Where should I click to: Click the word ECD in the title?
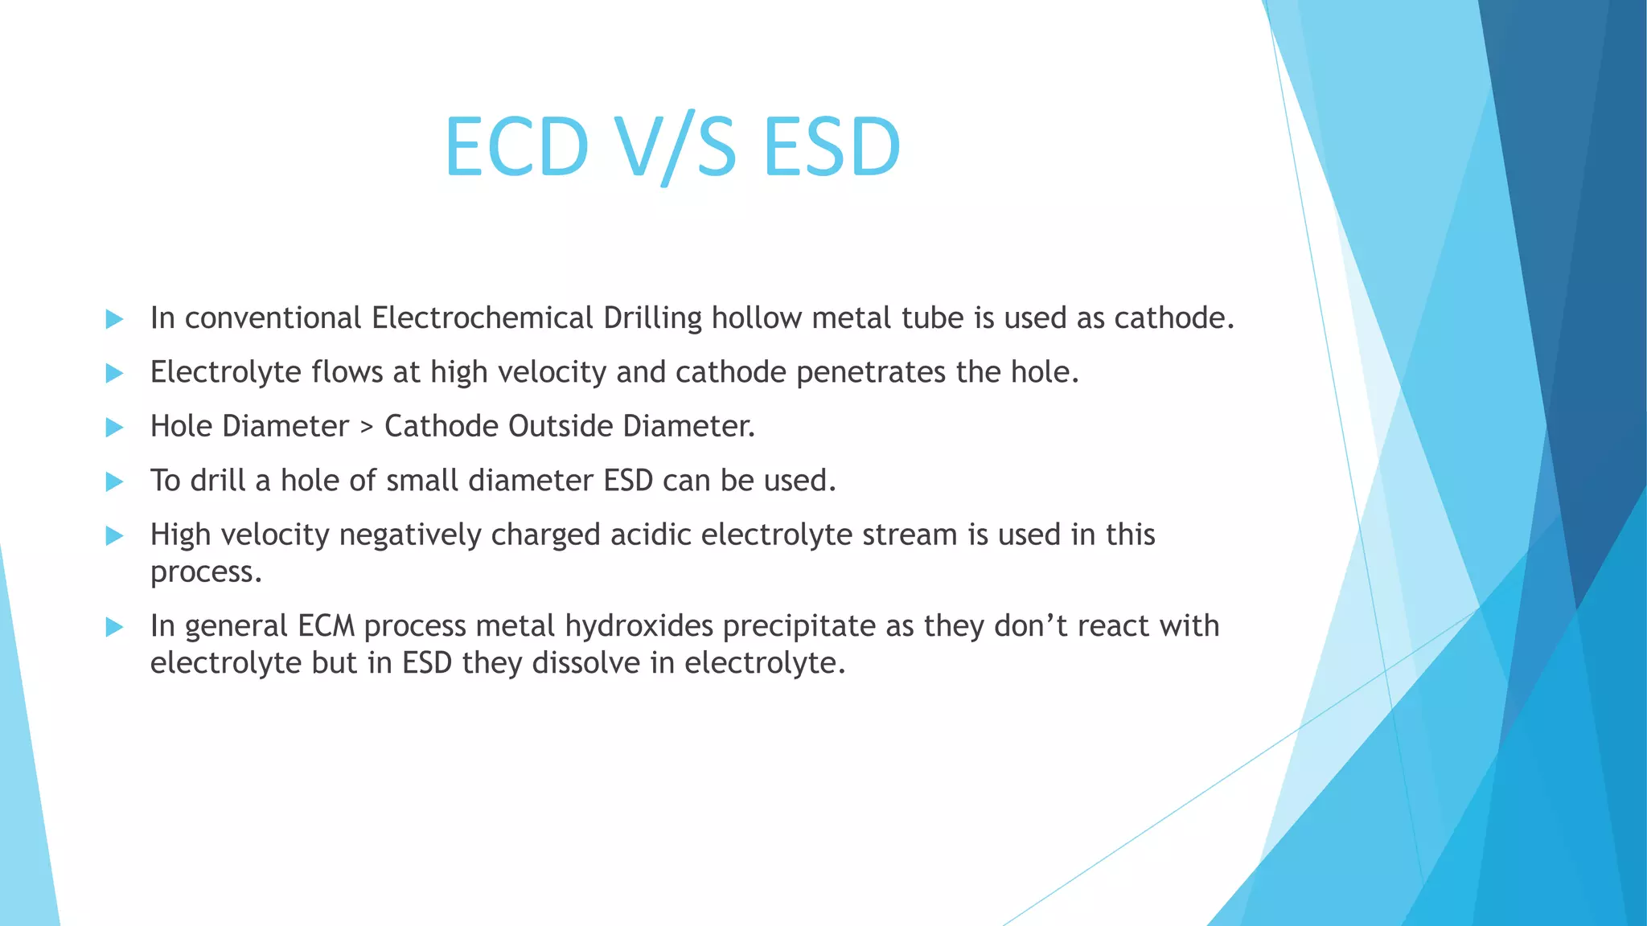(516, 146)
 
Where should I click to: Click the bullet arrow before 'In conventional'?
(114, 319)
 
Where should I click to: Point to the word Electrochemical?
(483, 318)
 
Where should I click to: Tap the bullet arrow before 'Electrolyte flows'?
(114, 373)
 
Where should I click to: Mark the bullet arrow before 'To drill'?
(114, 481)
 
